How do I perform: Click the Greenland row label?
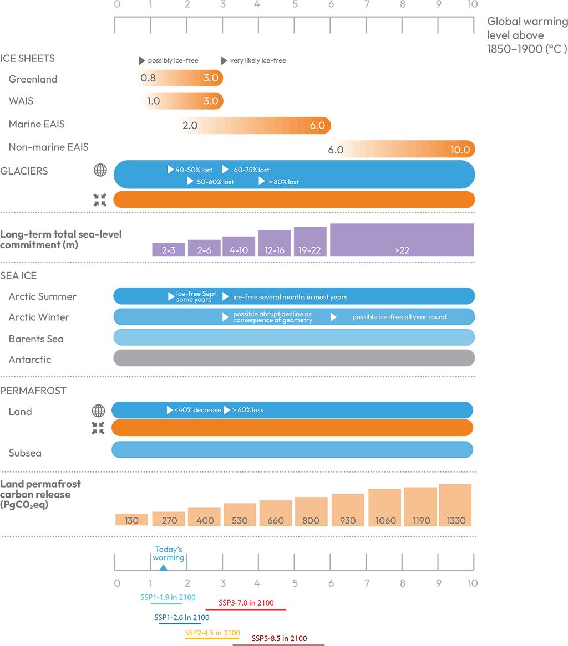point(33,79)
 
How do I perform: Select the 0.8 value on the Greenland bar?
point(148,78)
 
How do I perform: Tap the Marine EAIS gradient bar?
point(255,125)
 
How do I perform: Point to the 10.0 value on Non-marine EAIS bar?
point(460,150)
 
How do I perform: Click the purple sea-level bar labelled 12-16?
point(275,243)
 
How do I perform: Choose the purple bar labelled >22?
point(402,240)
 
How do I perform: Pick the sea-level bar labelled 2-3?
point(169,249)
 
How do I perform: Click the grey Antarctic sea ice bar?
point(294,358)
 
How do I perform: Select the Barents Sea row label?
point(36,339)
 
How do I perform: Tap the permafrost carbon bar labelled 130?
point(131,520)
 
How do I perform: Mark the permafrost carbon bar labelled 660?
point(276,513)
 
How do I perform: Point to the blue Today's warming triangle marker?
point(163,567)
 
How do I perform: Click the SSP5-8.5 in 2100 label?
point(279,638)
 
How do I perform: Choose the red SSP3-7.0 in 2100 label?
point(246,603)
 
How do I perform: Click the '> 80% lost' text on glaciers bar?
point(282,182)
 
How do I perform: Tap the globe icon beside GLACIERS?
point(100,171)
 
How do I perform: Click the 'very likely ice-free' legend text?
point(258,60)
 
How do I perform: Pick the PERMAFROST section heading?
point(33,391)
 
